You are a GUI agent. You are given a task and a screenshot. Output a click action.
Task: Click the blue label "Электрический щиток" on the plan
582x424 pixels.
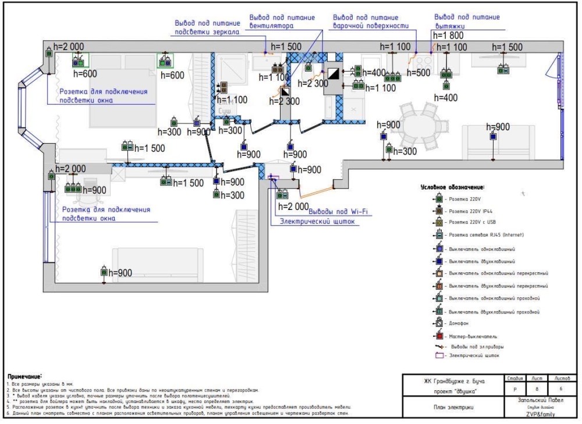(317, 222)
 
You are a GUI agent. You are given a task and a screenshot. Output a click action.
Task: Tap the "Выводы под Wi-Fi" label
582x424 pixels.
(338, 212)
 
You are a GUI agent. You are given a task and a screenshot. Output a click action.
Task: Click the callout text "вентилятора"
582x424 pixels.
(270, 26)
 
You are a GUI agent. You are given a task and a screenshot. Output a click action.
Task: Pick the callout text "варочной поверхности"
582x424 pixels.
(370, 26)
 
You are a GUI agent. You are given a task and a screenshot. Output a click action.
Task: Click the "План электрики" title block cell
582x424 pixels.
(446, 407)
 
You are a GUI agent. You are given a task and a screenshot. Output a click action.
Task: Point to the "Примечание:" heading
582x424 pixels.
(24, 377)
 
